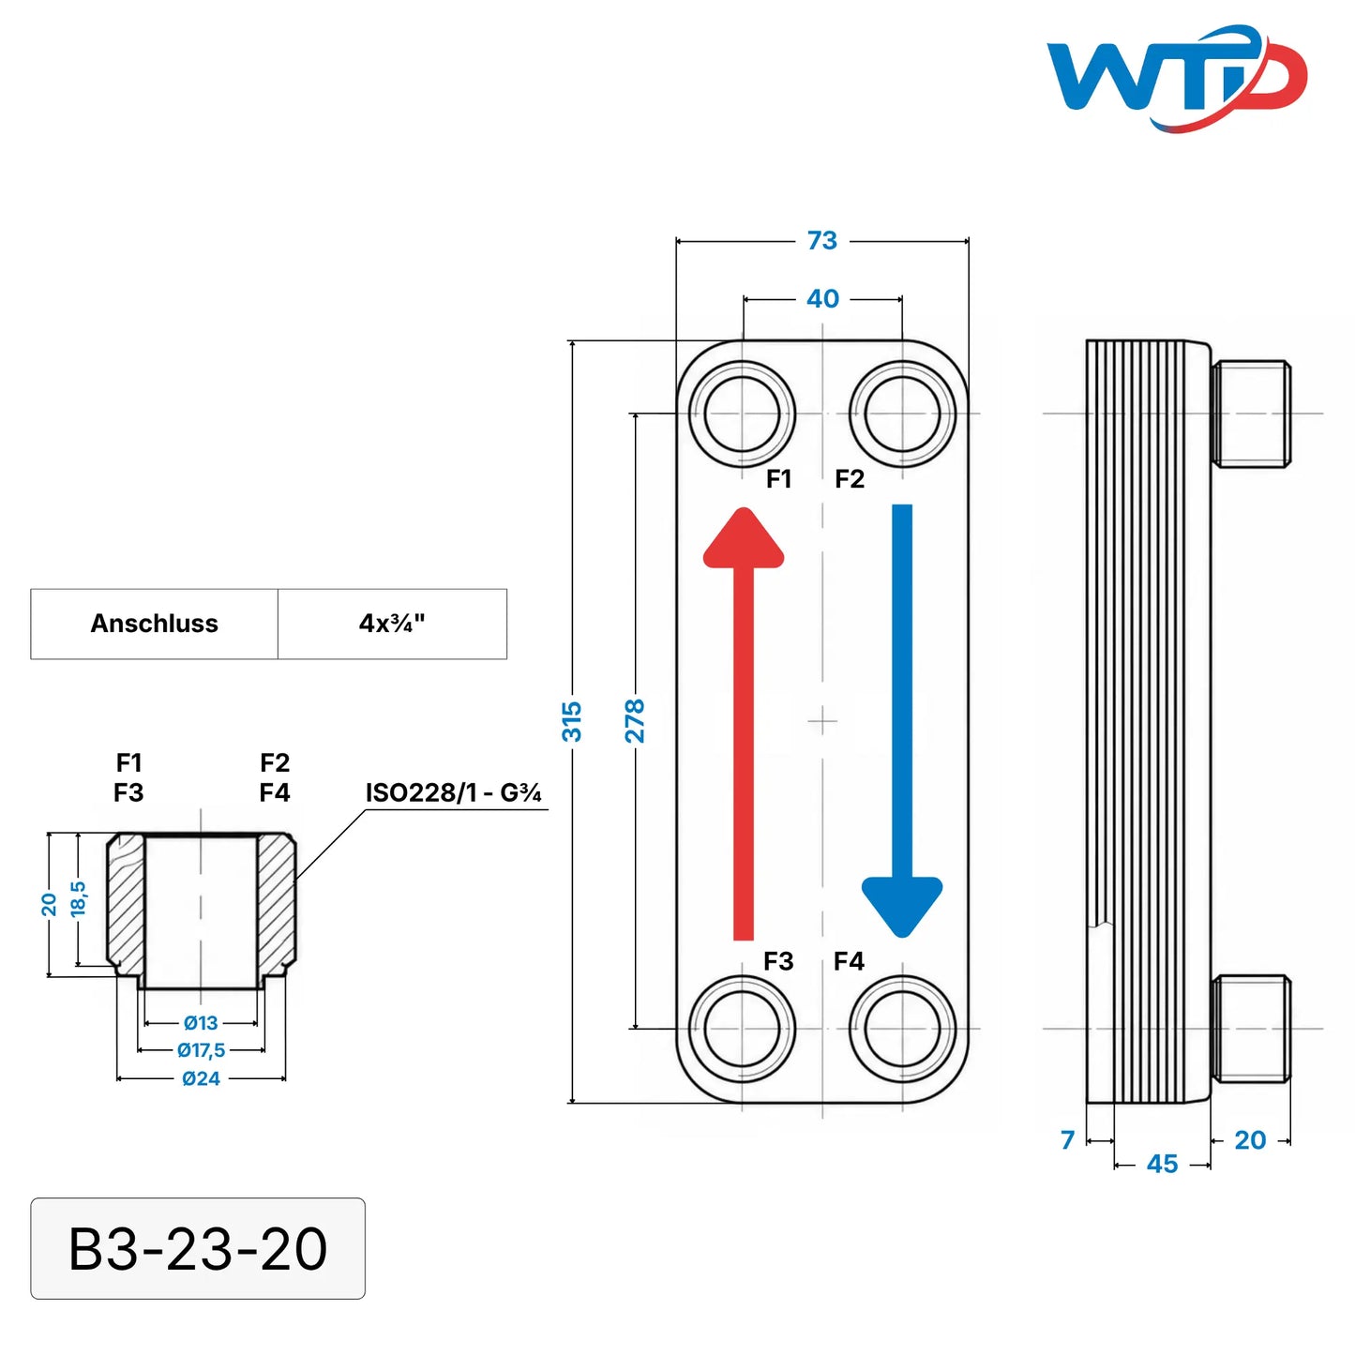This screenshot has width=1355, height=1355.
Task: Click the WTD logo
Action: [x=1176, y=79]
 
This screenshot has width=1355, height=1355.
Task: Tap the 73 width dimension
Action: [x=822, y=240]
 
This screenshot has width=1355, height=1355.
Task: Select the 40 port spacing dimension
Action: [x=822, y=299]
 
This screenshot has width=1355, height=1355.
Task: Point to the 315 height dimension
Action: [x=572, y=721]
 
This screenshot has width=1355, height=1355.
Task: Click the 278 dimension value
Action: [x=634, y=721]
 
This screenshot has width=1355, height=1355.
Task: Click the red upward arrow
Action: [x=744, y=724]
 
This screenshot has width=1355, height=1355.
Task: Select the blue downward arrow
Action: [x=902, y=721]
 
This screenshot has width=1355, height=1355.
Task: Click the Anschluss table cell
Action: [x=155, y=624]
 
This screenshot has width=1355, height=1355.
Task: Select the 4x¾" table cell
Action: [x=392, y=624]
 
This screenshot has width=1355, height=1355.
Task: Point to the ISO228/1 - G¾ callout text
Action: [x=454, y=793]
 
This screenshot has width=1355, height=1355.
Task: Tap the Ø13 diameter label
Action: [x=201, y=1022]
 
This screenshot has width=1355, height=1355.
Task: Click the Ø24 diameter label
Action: [x=201, y=1078]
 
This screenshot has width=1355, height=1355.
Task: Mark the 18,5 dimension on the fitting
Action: [x=78, y=898]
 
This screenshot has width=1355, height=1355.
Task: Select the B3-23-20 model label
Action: [x=198, y=1248]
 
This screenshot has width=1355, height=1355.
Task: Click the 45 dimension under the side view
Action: [x=1162, y=1164]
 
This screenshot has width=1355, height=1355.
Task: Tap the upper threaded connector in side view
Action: [x=1251, y=414]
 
